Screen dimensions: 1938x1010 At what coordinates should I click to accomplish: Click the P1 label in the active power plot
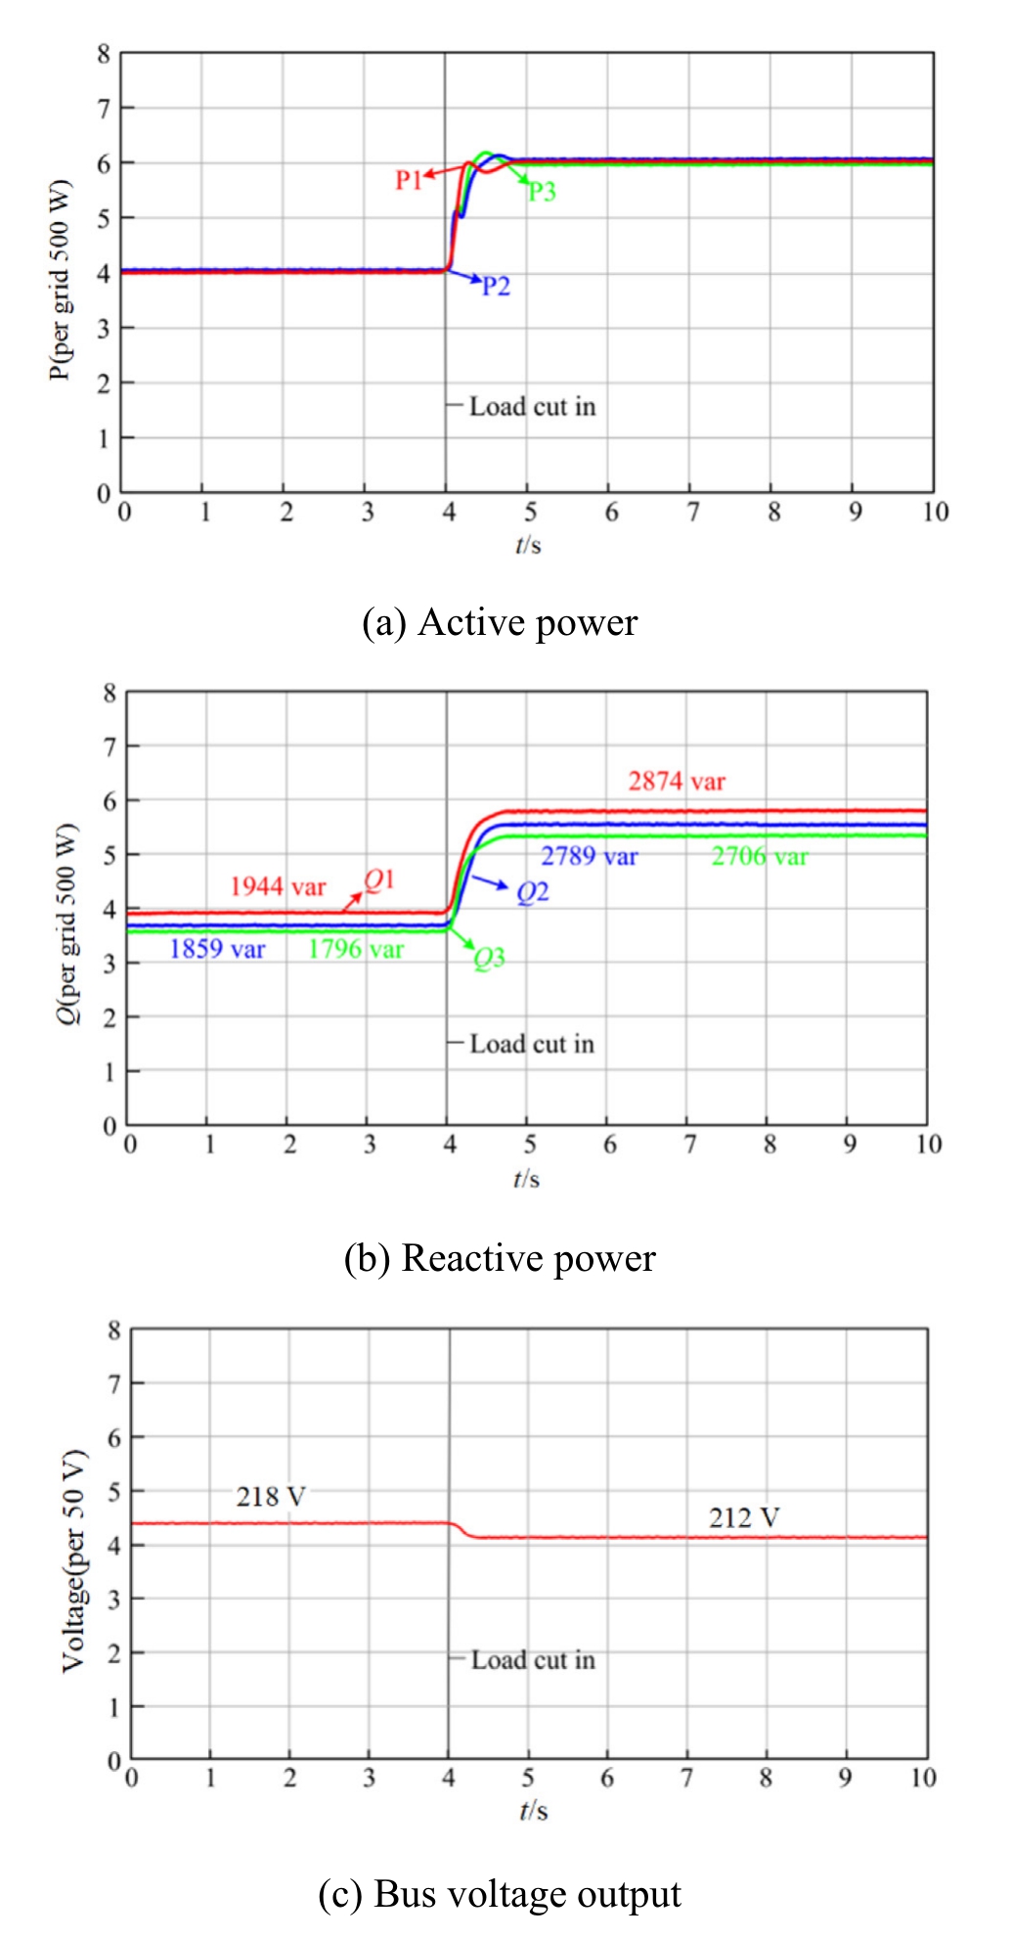[x=408, y=180]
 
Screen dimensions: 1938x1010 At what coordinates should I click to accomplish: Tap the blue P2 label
[x=496, y=286]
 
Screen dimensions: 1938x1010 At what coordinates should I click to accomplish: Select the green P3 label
[x=542, y=192]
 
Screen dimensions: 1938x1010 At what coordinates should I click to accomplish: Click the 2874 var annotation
[x=677, y=781]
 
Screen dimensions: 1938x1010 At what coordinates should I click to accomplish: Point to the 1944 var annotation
[x=278, y=886]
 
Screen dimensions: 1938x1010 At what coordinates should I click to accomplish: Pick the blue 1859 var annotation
[x=217, y=948]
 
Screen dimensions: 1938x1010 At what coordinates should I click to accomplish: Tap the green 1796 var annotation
[x=356, y=948]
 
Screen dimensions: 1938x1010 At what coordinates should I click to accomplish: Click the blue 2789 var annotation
[x=590, y=856]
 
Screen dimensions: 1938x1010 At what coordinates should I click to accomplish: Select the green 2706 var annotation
[x=760, y=856]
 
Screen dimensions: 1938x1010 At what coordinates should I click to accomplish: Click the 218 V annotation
[x=271, y=1497]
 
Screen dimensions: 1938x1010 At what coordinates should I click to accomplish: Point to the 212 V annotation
[x=744, y=1518]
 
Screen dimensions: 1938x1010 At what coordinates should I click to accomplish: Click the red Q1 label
[x=379, y=880]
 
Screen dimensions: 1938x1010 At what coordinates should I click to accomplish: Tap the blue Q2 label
[x=533, y=892]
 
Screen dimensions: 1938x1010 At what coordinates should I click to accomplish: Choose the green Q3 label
[x=490, y=958]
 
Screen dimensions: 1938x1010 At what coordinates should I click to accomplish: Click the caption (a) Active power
[x=500, y=623]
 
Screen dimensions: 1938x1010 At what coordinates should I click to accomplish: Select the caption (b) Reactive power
[x=500, y=1258]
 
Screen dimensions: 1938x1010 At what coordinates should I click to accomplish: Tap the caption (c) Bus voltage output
[x=500, y=1894]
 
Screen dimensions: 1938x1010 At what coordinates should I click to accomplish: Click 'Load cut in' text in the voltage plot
[x=533, y=1660]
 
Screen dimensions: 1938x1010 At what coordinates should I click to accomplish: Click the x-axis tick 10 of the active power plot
[x=936, y=512]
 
